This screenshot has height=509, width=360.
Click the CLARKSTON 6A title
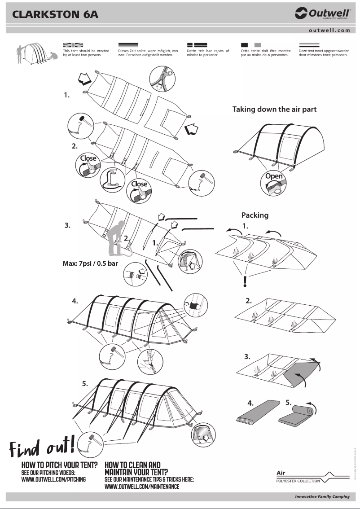tap(55, 14)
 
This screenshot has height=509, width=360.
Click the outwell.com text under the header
tap(329, 31)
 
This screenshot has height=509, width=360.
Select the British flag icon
tap(74, 45)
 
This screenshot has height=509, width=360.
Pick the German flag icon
tap(128, 45)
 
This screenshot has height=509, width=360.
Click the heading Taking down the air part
tap(274, 109)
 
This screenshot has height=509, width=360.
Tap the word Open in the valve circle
tap(274, 176)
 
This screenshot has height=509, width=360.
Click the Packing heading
tap(255, 215)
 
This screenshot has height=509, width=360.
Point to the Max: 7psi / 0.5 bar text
tap(90, 263)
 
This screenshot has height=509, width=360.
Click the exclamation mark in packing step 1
tap(245, 281)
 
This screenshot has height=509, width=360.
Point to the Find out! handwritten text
tap(42, 445)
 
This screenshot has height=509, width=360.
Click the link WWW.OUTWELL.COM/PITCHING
tap(54, 479)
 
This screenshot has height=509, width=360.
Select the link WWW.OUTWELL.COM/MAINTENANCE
tap(142, 487)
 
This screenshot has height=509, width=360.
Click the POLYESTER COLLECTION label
tap(298, 481)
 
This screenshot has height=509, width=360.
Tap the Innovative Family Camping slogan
tap(322, 496)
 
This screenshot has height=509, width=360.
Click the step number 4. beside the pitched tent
tap(75, 301)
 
